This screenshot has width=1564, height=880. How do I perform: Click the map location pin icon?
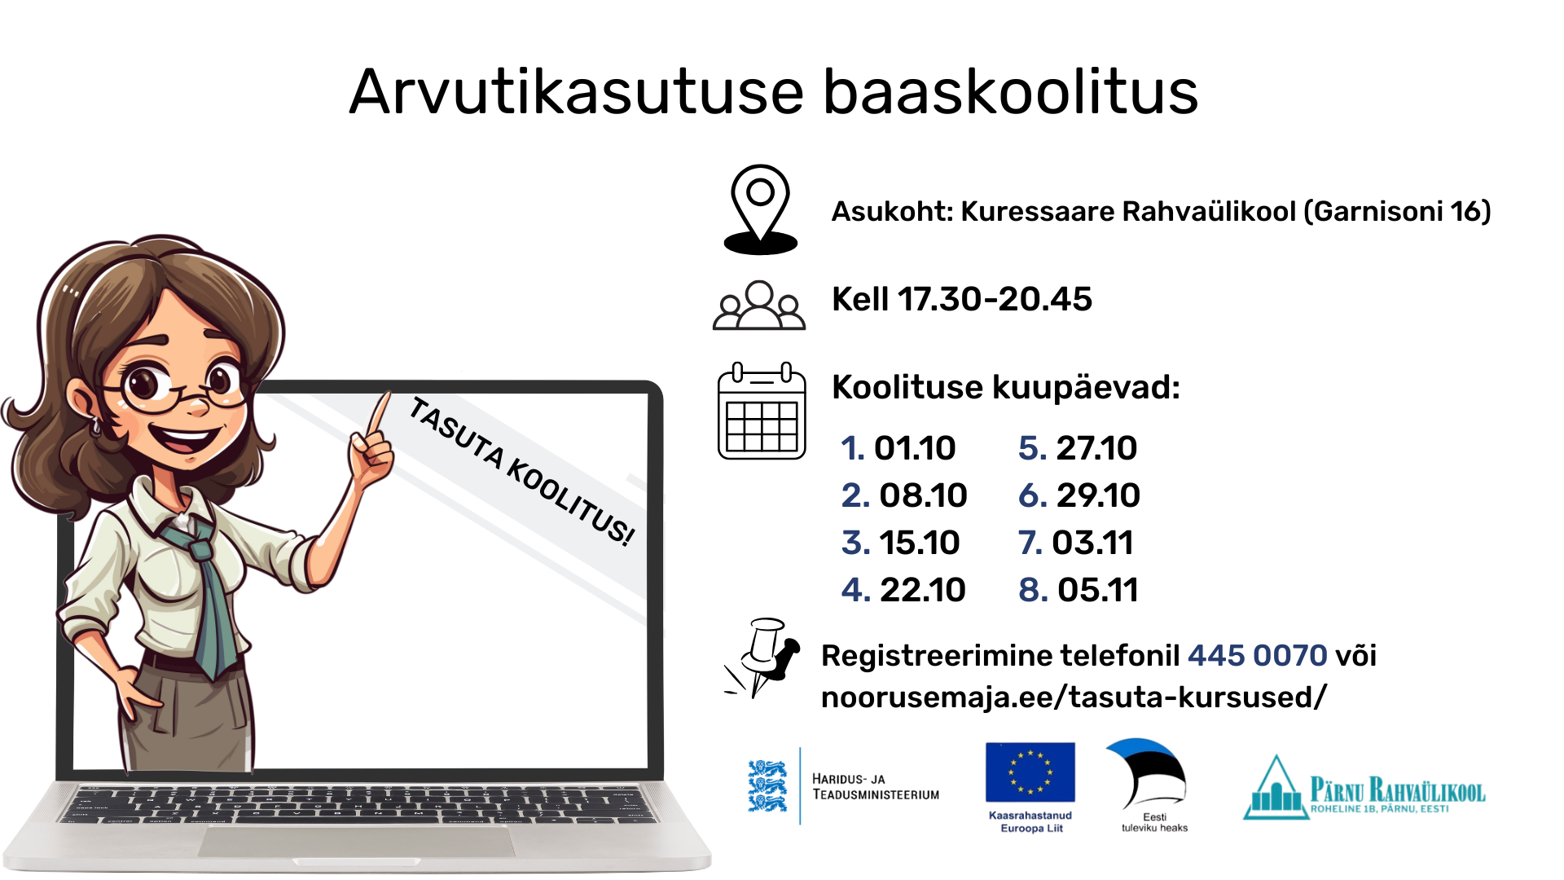coord(760,209)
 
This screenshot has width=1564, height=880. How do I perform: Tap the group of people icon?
coord(759,306)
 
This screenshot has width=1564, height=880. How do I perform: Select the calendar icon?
coord(762,411)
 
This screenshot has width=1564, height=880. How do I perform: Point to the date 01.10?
coord(915,448)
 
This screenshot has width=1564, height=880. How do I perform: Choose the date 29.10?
coord(1098,495)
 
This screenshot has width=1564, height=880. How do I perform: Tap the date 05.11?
coord(1097,590)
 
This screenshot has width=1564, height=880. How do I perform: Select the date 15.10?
coord(920,543)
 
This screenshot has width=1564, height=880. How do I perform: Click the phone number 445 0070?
coord(1258,655)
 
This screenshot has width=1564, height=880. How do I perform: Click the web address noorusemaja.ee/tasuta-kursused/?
coord(1074,697)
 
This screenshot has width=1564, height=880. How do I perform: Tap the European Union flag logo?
coord(1030,772)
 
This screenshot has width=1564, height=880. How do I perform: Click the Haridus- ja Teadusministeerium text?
coord(876,787)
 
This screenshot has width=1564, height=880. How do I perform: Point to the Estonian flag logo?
coord(1146,773)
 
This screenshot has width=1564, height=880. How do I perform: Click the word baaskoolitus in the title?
coord(1010,91)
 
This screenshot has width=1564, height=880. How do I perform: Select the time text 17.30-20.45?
coord(995,299)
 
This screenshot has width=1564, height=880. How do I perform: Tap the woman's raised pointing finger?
coord(378,414)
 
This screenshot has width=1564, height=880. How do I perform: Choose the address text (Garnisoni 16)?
coord(1398,212)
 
